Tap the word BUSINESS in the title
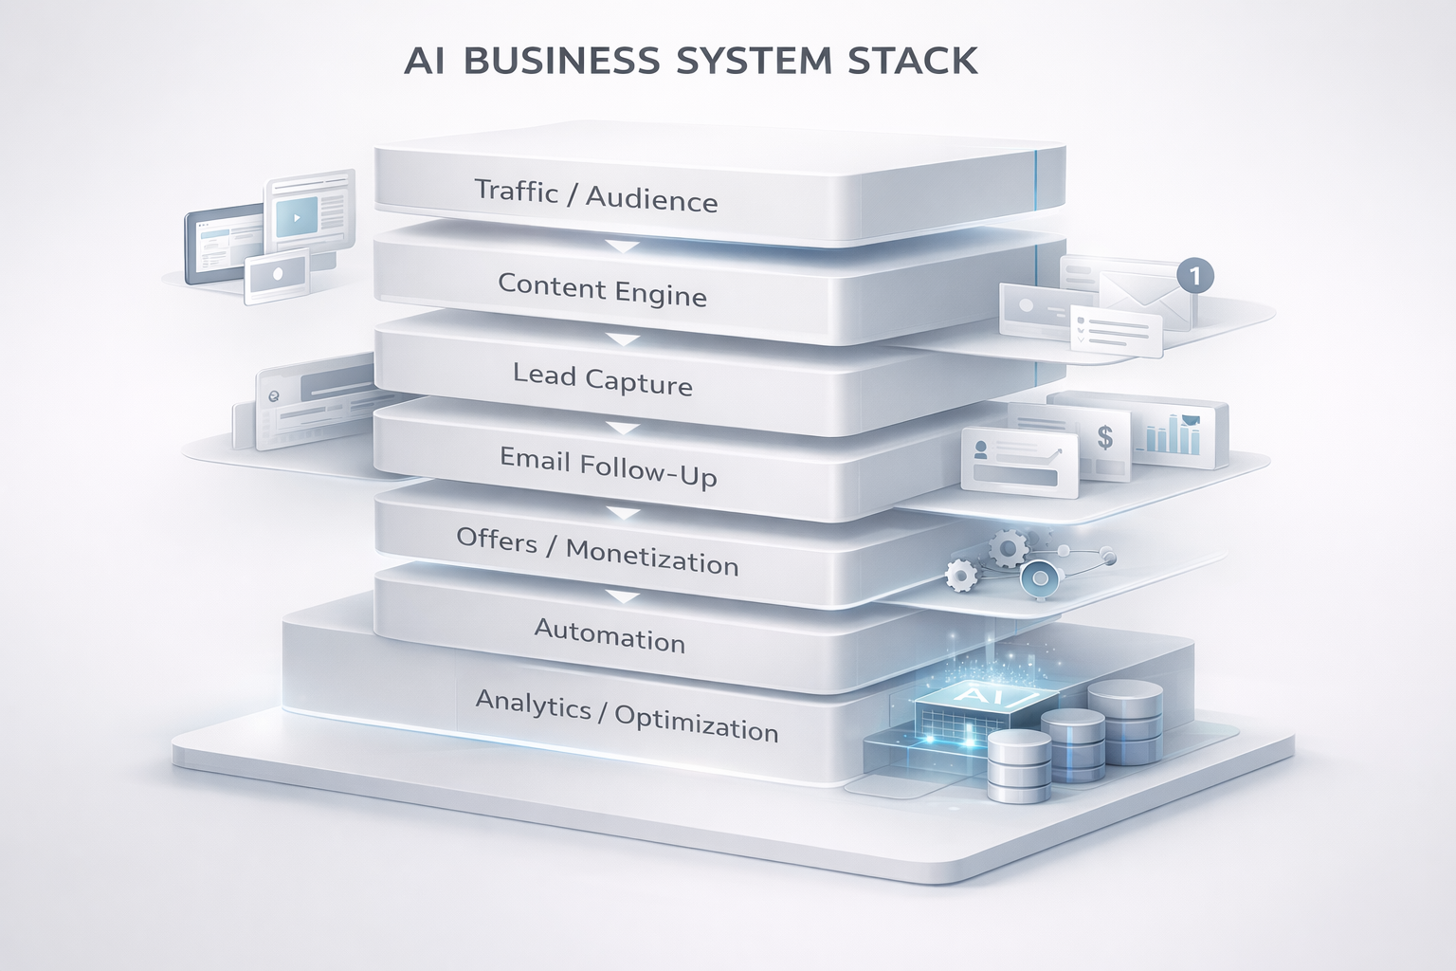pyautogui.click(x=562, y=61)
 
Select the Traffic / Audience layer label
pyautogui.click(x=595, y=195)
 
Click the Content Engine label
pyautogui.click(x=602, y=289)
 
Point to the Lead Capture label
pyautogui.click(x=602, y=379)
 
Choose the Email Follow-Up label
pyautogui.click(x=608, y=467)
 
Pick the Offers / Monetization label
pyautogui.click(x=596, y=552)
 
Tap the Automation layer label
pyautogui.click(x=610, y=635)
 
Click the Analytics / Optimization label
pyautogui.click(x=626, y=716)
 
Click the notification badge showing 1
pyautogui.click(x=1194, y=276)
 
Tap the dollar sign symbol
pyautogui.click(x=1104, y=437)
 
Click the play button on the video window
pyautogui.click(x=297, y=218)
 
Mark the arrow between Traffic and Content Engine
pyautogui.click(x=623, y=247)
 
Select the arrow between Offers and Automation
pyautogui.click(x=623, y=596)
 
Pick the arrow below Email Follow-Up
pyautogui.click(x=623, y=513)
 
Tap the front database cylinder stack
pyautogui.click(x=1019, y=765)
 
